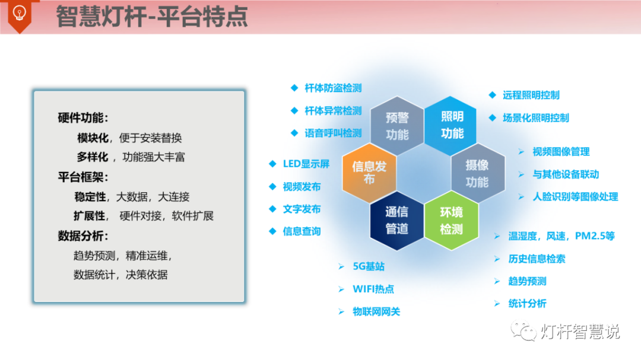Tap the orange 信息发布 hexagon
pos(369,173)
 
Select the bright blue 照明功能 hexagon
pos(452,125)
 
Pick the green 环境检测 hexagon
pos(451,221)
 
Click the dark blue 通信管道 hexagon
pos(396,220)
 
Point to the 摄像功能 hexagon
pos(477,173)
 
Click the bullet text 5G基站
pos(368,266)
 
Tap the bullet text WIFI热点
pos(373,289)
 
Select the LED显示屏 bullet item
pos(306,164)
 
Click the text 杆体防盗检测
pos(333,88)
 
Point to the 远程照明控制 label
pos(531,95)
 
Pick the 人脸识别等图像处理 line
pos(575,196)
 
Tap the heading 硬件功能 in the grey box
pos(82,117)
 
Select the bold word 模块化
pos(93,138)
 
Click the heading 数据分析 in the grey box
pos(82,235)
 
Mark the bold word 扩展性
pos(90,216)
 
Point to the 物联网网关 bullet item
pos(376,311)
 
